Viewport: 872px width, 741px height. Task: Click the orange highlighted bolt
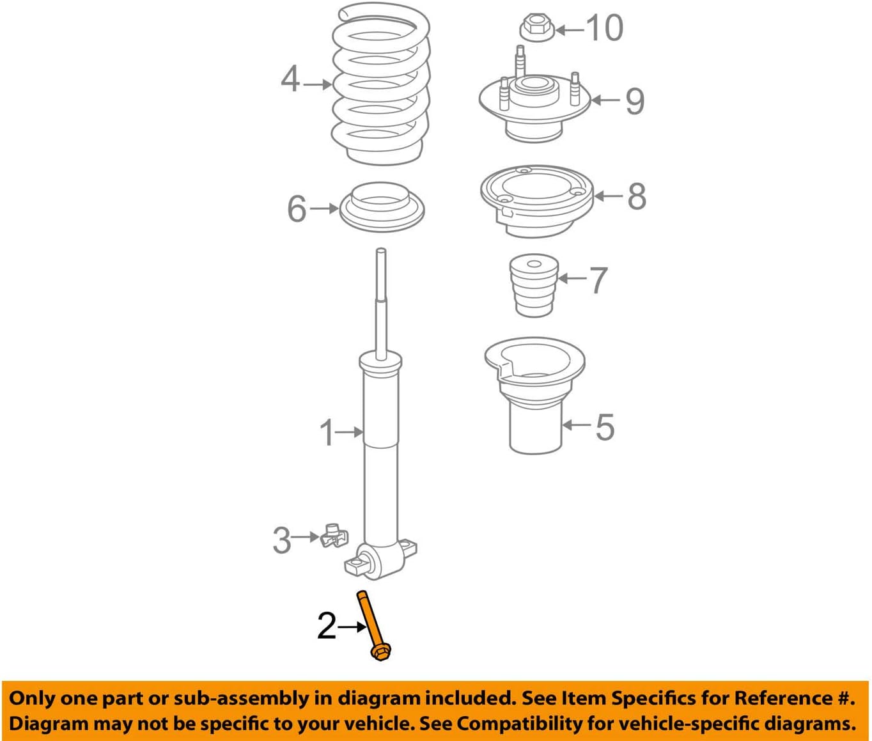point(372,624)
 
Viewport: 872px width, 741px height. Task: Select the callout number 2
point(326,627)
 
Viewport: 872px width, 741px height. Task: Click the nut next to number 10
point(536,29)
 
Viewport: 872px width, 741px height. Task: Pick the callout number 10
point(603,29)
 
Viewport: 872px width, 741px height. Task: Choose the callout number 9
point(634,101)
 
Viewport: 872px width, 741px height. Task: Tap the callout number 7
point(598,280)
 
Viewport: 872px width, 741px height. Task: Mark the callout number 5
point(604,427)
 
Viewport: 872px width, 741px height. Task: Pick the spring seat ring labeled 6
point(382,208)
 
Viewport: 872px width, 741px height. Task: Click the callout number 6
point(297,209)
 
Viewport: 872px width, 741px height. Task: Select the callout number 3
point(282,540)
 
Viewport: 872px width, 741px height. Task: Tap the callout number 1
point(327,433)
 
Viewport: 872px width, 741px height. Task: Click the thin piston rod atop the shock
point(381,300)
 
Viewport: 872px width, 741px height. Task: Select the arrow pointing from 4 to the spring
point(318,84)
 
